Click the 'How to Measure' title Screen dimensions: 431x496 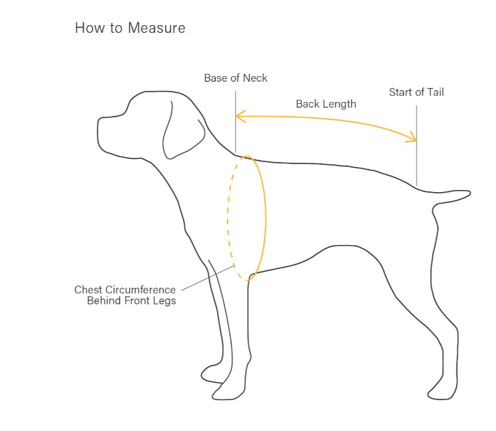(x=129, y=29)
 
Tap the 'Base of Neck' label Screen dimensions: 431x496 (x=235, y=78)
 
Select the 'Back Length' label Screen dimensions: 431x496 (x=326, y=104)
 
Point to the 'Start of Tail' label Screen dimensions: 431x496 (x=416, y=92)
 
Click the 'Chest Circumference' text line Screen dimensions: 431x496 (x=125, y=289)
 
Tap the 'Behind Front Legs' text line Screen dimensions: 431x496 (x=130, y=301)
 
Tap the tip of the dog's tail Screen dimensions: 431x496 (x=468, y=192)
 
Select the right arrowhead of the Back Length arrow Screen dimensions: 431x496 (x=414, y=140)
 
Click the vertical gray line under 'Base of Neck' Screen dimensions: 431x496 (x=236, y=133)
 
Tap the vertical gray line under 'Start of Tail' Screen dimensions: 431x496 (x=416, y=161)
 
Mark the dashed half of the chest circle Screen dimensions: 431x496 (x=229, y=217)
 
